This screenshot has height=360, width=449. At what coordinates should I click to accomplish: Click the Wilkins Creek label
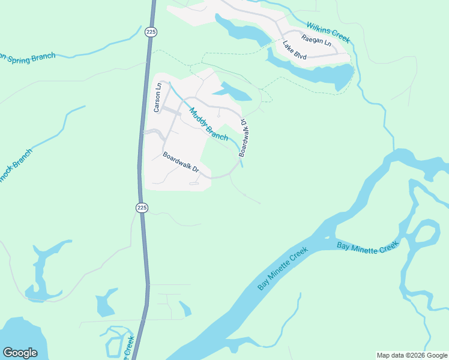328,32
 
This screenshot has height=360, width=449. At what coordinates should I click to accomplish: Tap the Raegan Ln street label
316,40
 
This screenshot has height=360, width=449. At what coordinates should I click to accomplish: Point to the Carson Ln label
158,97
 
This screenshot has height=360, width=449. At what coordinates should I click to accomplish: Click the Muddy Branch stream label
209,124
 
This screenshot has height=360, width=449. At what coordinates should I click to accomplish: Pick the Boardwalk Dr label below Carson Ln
181,161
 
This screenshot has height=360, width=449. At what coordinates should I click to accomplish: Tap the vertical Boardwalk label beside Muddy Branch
244,137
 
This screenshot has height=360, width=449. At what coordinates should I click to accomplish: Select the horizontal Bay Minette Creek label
367,246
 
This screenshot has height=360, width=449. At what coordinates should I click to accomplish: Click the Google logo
20,353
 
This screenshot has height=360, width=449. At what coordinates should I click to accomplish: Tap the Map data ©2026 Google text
412,355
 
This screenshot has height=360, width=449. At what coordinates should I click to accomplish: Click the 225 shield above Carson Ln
151,31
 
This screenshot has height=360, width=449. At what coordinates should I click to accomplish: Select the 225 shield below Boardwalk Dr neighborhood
141,208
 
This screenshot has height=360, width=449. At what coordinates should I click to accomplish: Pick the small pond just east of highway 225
185,309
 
